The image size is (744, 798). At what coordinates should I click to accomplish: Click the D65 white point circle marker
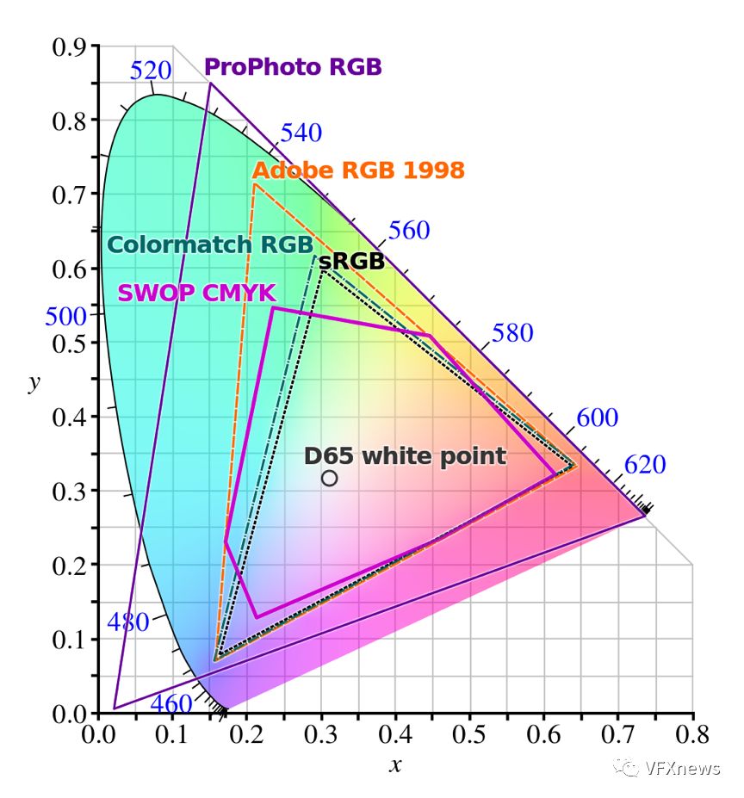point(329,478)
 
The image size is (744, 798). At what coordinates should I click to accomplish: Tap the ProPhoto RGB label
point(293,67)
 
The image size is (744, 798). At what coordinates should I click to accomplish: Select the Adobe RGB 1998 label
point(358,170)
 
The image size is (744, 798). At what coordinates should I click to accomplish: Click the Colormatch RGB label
point(209,244)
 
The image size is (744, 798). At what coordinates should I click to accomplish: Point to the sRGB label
point(351,262)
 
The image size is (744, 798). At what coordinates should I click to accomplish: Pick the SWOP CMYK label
point(196,293)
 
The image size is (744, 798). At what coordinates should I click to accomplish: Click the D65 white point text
point(405,455)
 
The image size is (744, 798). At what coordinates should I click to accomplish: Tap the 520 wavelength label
point(151,71)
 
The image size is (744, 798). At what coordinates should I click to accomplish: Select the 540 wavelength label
point(301,133)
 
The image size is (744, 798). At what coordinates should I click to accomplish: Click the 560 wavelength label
point(409,230)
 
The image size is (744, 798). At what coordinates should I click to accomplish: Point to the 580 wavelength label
point(512,333)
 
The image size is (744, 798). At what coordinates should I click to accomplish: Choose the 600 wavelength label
point(598,418)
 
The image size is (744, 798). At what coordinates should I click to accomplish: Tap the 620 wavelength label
point(645,465)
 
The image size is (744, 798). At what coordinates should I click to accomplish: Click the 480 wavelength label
point(128,622)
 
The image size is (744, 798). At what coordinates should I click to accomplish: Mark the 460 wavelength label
point(171,703)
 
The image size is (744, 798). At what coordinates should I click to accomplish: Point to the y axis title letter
point(34,381)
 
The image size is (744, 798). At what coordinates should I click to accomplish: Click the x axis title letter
point(395,765)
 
